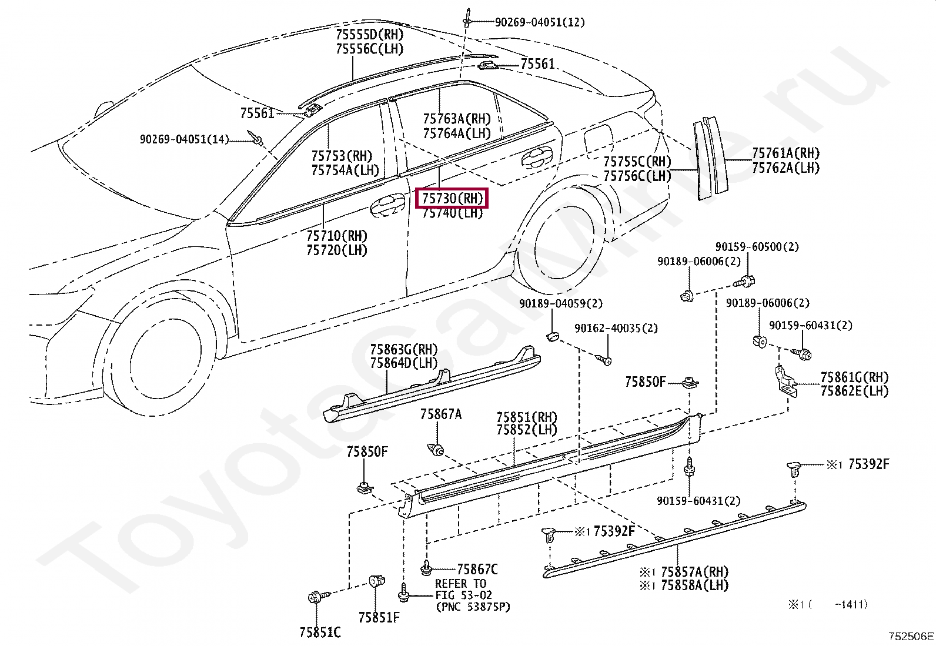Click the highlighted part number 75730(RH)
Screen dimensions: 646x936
tap(452, 198)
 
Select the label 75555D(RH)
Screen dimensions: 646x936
tap(369, 34)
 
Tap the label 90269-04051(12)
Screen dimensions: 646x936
tap(539, 22)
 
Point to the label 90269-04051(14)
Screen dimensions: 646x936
tap(184, 139)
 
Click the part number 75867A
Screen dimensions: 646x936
tap(440, 414)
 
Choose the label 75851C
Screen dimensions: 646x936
tap(320, 632)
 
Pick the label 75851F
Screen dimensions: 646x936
tap(379, 617)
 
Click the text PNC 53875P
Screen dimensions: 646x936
tap(473, 607)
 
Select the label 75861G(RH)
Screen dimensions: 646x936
tap(854, 377)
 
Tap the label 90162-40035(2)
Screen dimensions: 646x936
tap(616, 328)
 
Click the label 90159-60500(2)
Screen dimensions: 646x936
tap(757, 247)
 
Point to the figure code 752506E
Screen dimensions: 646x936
tap(910, 636)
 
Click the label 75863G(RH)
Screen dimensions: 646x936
tap(403, 350)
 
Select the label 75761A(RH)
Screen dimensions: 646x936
tap(785, 153)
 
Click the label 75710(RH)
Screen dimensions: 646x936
tap(336, 236)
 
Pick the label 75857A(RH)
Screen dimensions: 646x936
tap(694, 572)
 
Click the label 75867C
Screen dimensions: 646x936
tap(477, 569)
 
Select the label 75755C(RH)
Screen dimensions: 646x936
tap(637, 162)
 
